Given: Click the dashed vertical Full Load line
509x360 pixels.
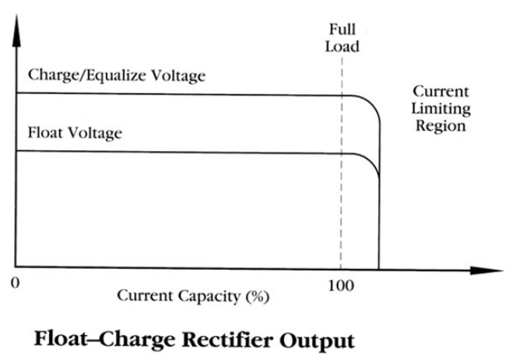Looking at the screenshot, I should [340, 194].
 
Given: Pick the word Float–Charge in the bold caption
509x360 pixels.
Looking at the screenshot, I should [101, 340].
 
